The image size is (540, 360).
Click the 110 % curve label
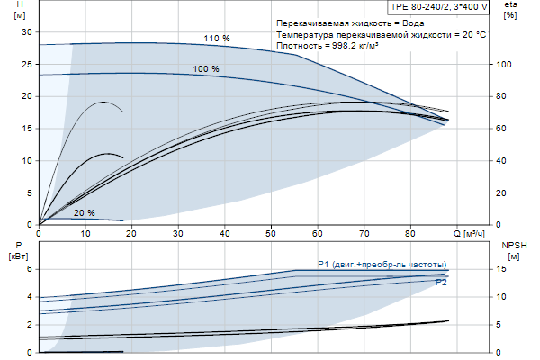(217, 39)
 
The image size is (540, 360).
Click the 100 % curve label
(206, 69)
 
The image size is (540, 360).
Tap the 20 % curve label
(85, 212)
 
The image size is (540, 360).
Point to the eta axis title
(510, 5)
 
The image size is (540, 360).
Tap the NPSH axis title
(510, 245)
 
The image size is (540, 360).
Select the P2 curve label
(441, 283)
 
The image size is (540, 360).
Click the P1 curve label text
(382, 264)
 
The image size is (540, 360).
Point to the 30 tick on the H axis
(26, 31)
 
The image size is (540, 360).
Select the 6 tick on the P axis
(29, 268)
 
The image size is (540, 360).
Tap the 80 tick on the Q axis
(410, 234)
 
